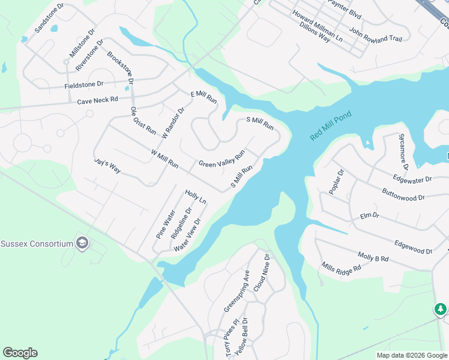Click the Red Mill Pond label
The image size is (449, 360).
pos(331,126)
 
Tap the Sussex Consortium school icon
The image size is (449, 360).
pos(83,243)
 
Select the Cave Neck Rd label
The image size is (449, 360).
pos(97,100)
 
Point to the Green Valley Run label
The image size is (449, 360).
pos(221,160)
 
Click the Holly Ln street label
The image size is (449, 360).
pos(196,197)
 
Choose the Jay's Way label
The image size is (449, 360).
pos(107,166)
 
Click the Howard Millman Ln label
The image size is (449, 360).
pos(317,25)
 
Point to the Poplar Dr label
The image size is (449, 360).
pos(336,182)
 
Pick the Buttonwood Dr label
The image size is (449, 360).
pos(403,195)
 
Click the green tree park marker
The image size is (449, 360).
pos(441,309)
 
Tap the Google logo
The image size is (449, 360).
pos(20,353)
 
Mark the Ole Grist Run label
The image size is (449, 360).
pos(143,121)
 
